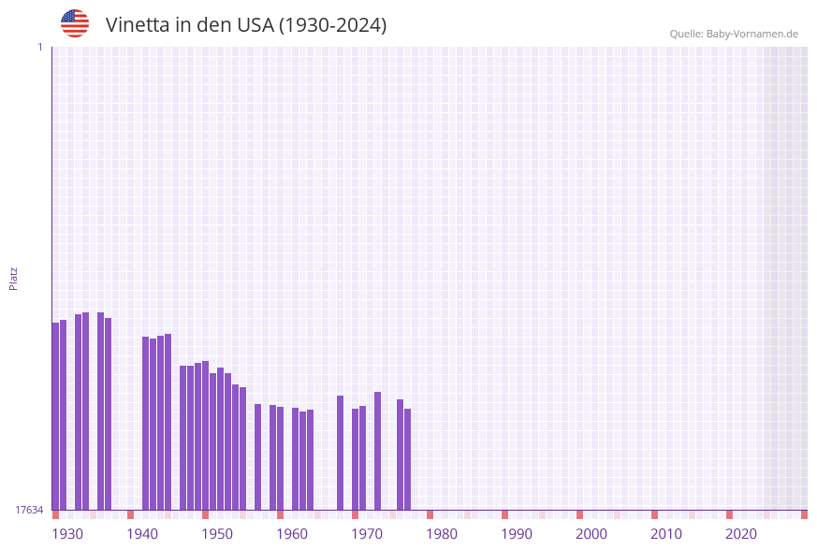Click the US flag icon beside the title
coord(75,23)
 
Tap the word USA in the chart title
coord(255,25)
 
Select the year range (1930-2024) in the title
coord(332,25)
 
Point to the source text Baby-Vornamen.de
coord(751,34)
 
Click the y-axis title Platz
coord(14,278)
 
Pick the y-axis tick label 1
coord(39,47)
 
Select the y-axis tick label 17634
coord(29,510)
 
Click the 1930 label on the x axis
coord(67,534)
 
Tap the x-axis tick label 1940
coord(142,534)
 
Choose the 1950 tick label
coord(217,534)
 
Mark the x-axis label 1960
coord(292,534)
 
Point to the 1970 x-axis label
coord(367,534)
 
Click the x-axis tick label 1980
coord(442,534)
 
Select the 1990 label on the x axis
coord(517,534)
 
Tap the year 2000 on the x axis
coord(591,534)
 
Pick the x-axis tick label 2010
coord(666,534)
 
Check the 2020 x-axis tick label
coord(741,534)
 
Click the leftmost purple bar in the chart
coord(55,416)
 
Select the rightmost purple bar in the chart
coord(407,458)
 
